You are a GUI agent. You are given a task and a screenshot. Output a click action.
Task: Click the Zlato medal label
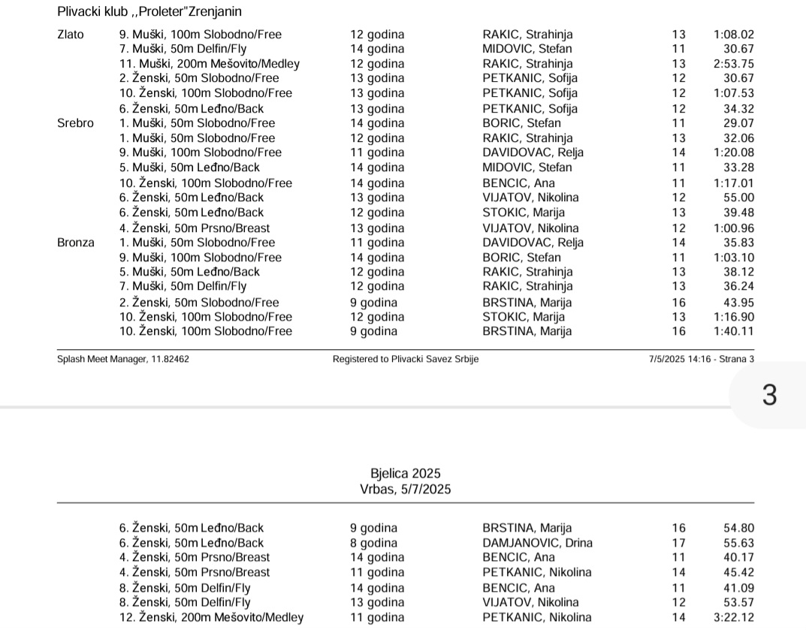(x=71, y=34)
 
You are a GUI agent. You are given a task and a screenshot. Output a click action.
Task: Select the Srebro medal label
(x=75, y=123)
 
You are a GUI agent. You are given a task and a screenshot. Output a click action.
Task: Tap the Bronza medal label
(x=76, y=243)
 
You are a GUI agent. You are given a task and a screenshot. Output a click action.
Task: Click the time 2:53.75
(x=734, y=64)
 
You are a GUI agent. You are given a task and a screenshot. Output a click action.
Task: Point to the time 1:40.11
(x=734, y=331)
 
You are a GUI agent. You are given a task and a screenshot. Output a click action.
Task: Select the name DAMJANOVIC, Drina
(x=537, y=543)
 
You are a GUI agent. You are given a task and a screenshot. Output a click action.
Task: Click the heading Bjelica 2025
(x=406, y=474)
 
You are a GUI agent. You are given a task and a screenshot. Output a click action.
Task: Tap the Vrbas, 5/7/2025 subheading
(x=406, y=490)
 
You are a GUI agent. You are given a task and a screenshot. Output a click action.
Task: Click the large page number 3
(x=769, y=395)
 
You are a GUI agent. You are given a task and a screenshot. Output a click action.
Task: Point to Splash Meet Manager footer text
(x=123, y=359)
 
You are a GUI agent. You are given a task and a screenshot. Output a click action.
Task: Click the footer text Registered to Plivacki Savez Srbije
(x=406, y=359)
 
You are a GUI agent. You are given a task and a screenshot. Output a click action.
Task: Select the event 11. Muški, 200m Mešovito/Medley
(x=210, y=64)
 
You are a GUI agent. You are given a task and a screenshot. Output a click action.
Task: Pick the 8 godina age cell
(x=373, y=543)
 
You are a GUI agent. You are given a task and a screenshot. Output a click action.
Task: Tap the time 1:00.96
(x=734, y=228)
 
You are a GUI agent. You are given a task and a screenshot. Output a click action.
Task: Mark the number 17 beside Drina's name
(x=679, y=543)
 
